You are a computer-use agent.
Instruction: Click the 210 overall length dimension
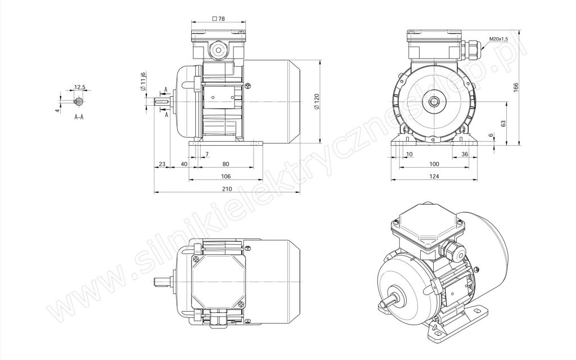pos(227,189)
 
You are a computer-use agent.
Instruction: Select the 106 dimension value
pos(226,176)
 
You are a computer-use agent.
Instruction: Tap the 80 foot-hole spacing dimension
pos(226,164)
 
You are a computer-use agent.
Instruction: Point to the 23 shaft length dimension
pos(162,164)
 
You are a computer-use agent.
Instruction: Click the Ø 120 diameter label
pos(317,101)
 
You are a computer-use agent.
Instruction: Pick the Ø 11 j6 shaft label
pos(143,81)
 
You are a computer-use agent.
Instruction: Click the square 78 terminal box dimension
pos(219,19)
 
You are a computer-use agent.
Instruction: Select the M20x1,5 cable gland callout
pos(498,39)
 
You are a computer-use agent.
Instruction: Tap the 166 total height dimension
pos(516,87)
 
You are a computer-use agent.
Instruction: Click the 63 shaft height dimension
pos(503,124)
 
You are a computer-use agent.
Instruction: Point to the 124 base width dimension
pos(434,176)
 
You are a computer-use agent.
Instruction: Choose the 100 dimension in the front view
pos(434,164)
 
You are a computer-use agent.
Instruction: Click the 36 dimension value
pos(465,154)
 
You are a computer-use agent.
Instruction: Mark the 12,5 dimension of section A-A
pos(80,87)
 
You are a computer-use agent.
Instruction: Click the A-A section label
pos(79,117)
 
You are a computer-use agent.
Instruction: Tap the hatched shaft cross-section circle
pos(79,101)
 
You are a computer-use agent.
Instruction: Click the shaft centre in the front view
pos(434,102)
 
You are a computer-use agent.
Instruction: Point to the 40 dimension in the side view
pos(184,164)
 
